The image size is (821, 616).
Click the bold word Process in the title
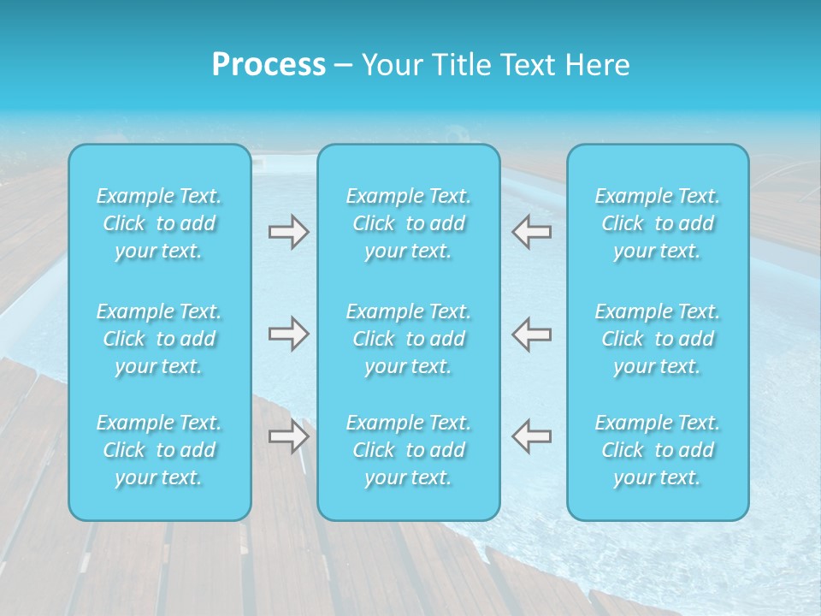click(x=269, y=65)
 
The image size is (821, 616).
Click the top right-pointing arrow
click(x=289, y=232)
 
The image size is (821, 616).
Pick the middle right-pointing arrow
click(x=289, y=334)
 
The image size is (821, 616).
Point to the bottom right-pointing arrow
click(x=289, y=436)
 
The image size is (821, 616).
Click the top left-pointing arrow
click(x=531, y=232)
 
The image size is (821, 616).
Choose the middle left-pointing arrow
click(x=531, y=334)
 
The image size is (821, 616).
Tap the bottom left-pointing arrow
click(x=531, y=436)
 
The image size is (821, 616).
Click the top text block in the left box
click(x=159, y=223)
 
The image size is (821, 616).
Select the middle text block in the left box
click(x=159, y=339)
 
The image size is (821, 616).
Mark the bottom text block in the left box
click(x=159, y=450)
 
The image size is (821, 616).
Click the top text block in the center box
click(x=409, y=223)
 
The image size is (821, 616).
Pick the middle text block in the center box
click(x=409, y=339)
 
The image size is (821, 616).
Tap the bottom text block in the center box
click(x=409, y=450)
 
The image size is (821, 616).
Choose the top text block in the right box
click(x=658, y=223)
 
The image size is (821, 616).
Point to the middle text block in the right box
click(x=658, y=339)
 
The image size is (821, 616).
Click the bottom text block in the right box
click(x=658, y=450)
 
